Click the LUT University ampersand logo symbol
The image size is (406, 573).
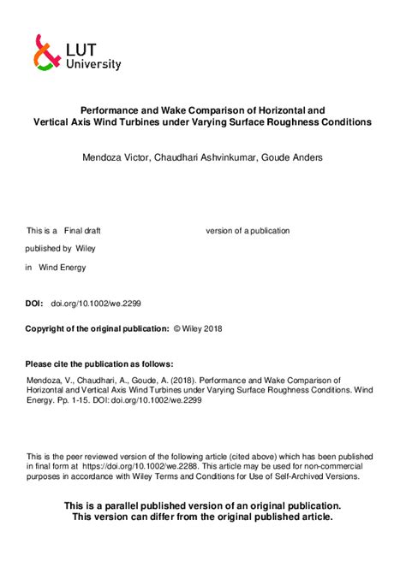tap(47, 52)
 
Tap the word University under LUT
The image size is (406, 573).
tap(93, 64)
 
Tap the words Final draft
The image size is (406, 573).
tap(82, 231)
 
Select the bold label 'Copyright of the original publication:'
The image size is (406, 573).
tap(97, 328)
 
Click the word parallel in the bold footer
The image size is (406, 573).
tap(131, 505)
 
